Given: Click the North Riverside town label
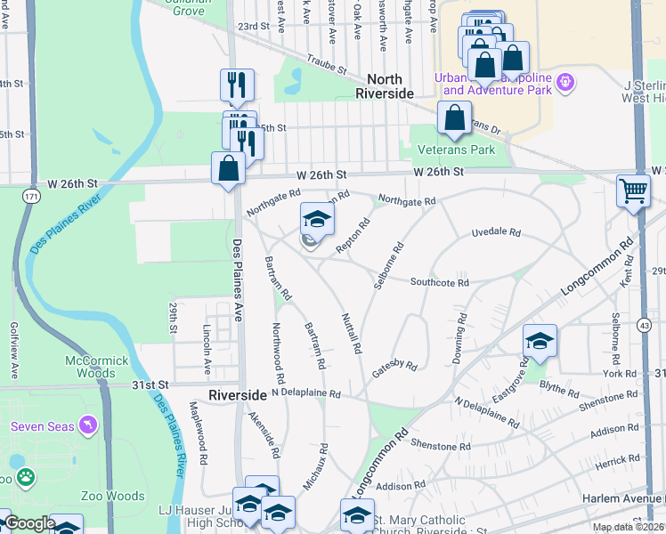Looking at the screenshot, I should click(385, 86).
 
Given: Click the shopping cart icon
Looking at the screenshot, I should click(633, 190).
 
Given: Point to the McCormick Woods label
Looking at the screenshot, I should click(97, 367).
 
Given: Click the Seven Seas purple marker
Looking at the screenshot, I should click(86, 426).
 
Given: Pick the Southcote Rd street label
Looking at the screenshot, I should click(439, 282).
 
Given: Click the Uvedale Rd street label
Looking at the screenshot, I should click(495, 231).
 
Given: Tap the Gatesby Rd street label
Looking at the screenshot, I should click(394, 367).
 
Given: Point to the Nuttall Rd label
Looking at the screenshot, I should click(351, 333).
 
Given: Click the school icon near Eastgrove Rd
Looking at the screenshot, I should click(540, 340).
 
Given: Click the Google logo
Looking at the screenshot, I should click(29, 523).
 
